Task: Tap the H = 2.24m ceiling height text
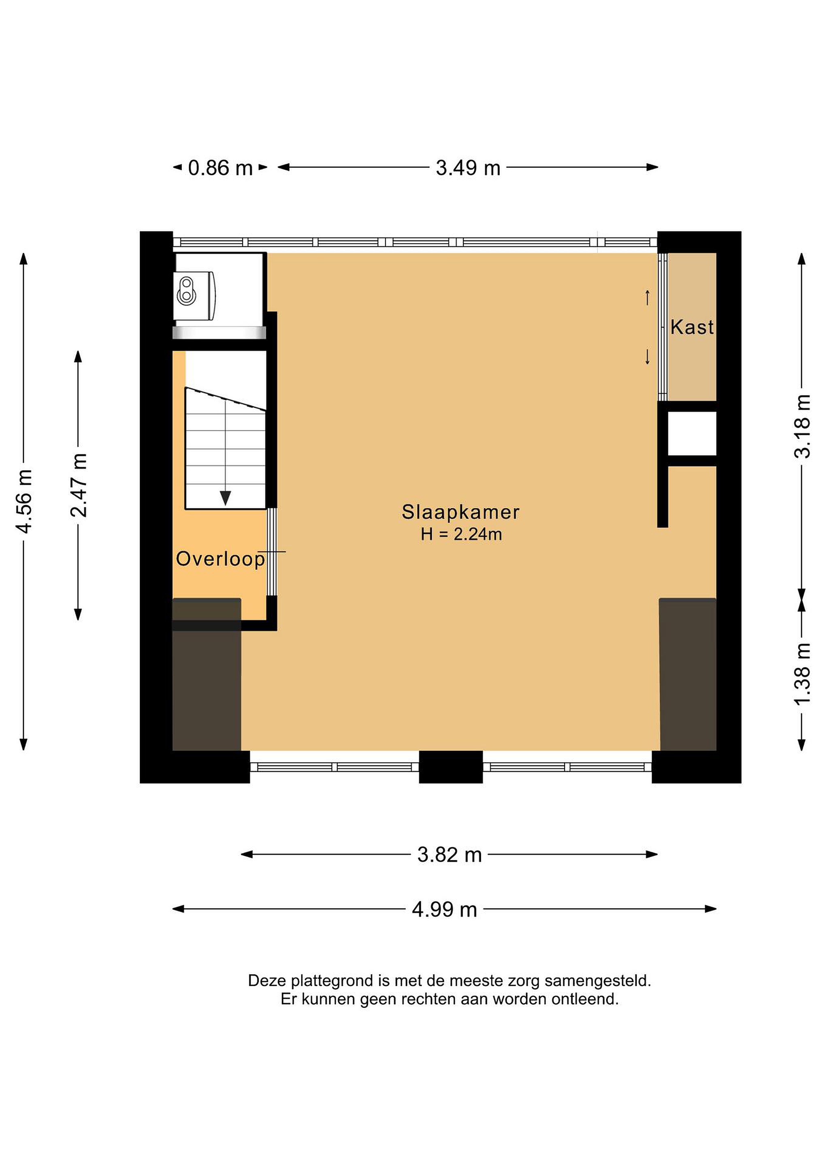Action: pos(461,534)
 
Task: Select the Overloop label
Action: pos(220,559)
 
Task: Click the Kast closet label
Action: pos(692,327)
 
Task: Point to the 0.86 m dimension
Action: pos(220,168)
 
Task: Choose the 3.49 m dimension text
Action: pos(468,168)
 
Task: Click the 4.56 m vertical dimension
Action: pos(24,501)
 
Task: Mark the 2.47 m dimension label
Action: pos(79,485)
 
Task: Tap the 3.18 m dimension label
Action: pos(802,426)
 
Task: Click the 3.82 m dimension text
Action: pos(449,855)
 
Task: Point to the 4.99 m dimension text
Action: pos(445,909)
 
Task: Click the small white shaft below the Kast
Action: pos(692,434)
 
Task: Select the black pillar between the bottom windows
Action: pos(451,767)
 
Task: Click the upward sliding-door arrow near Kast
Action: pos(647,297)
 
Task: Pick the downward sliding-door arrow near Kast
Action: pos(647,357)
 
